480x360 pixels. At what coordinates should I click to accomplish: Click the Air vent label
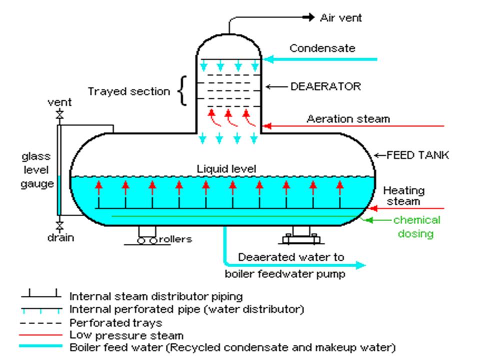(x=340, y=18)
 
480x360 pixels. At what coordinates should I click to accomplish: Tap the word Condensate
(x=322, y=48)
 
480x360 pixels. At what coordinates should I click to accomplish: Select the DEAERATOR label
(x=325, y=86)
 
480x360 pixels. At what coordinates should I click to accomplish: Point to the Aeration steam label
(x=348, y=119)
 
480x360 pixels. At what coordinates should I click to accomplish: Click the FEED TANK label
(x=418, y=155)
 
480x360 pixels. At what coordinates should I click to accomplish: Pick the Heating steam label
(x=403, y=196)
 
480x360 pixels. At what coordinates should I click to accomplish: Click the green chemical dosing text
(x=416, y=226)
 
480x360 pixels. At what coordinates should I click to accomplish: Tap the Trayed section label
(x=129, y=91)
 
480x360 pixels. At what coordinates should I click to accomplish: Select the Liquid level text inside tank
(x=226, y=169)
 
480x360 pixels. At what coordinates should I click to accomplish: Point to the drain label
(x=60, y=238)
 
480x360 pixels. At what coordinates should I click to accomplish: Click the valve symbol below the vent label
(x=60, y=115)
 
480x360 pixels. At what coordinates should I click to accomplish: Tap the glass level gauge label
(x=36, y=170)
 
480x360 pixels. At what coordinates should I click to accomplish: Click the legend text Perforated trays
(x=116, y=323)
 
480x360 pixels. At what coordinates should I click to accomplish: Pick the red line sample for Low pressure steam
(x=41, y=335)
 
